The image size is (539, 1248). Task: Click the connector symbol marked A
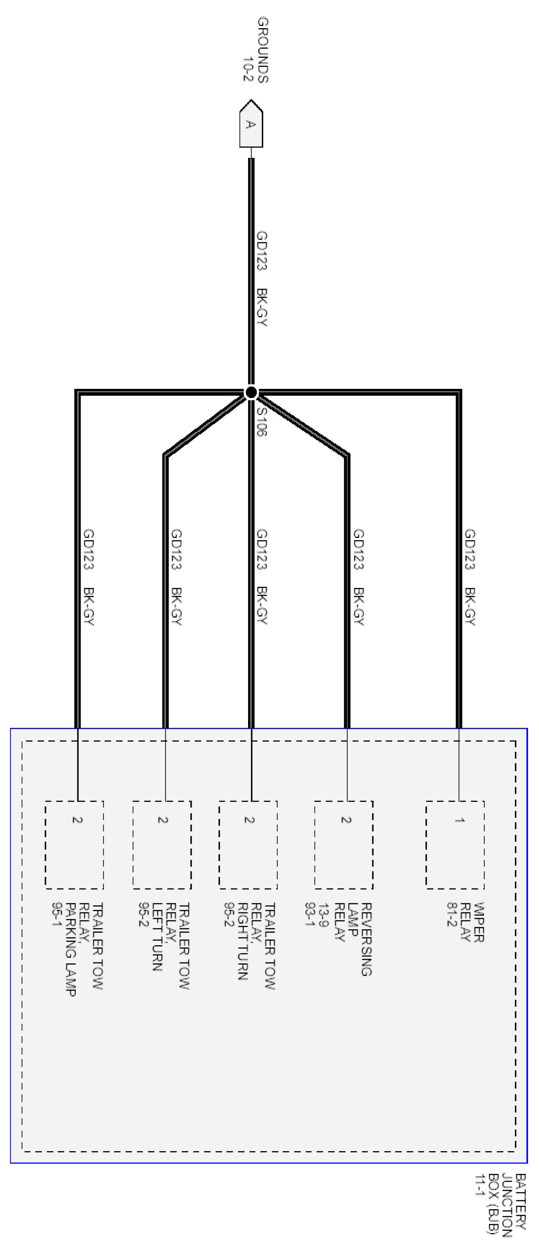tap(251, 124)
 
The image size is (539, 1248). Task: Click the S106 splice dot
tap(251, 393)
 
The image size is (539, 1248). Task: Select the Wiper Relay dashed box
tap(455, 845)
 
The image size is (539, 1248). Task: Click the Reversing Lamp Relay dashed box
tap(344, 845)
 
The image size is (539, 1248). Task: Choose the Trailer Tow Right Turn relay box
tap(248, 845)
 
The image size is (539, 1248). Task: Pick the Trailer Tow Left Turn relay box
tap(162, 845)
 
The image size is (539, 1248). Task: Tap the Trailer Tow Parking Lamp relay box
tap(74, 845)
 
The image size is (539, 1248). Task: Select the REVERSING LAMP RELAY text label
tap(339, 938)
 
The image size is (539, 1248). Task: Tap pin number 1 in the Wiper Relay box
tap(459, 820)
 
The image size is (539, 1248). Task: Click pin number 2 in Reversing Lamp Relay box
tap(346, 820)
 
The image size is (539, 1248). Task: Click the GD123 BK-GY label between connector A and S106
tap(262, 278)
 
